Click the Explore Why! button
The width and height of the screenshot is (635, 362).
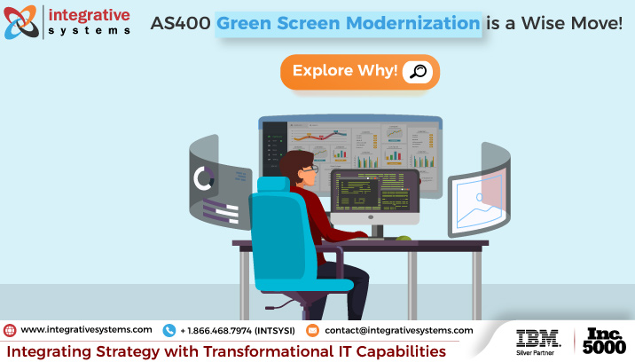(x=359, y=72)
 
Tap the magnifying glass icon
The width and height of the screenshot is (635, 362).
(x=417, y=72)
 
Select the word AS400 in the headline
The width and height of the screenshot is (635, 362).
(x=181, y=23)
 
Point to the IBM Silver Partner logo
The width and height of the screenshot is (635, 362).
(x=537, y=340)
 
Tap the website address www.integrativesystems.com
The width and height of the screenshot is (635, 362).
(x=86, y=329)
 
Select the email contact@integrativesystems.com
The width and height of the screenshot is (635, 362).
(x=398, y=329)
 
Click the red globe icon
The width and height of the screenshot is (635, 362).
(x=10, y=330)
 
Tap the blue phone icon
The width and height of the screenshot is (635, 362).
(x=169, y=330)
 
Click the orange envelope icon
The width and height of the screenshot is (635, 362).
(x=312, y=330)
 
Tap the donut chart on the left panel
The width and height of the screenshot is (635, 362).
(x=205, y=179)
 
